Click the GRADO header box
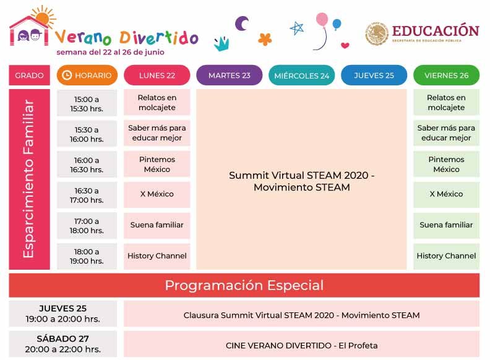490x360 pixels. tap(29, 75)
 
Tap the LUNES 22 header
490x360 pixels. tap(157, 75)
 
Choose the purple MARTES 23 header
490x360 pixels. tap(229, 75)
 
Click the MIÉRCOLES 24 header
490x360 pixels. tap(301, 76)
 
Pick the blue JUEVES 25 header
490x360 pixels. tap(374, 75)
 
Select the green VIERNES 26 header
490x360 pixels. tap(446, 75)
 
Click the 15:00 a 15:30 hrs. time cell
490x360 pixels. tap(87, 103)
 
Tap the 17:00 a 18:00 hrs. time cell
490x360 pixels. tap(87, 226)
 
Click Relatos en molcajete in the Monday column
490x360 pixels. tap(157, 103)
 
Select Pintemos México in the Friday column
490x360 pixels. tap(446, 164)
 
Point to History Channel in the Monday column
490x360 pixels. tap(157, 255)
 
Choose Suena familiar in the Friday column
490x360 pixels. tap(446, 225)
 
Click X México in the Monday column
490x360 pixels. tap(157, 194)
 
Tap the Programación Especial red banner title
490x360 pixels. tap(244, 285)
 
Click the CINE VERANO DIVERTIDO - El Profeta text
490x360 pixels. tap(301, 345)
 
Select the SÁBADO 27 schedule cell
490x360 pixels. tap(62, 344)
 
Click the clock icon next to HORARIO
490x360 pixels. tap(67, 75)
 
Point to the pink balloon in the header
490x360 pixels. tap(322, 20)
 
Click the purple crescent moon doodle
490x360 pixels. tap(241, 24)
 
